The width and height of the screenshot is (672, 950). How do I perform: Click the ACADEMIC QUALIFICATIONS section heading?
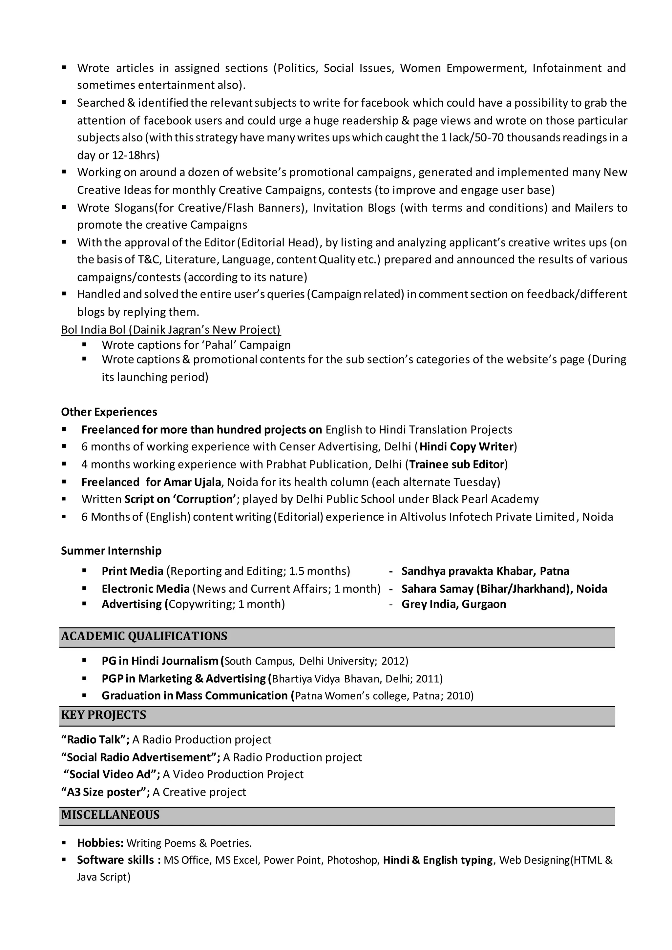(144, 636)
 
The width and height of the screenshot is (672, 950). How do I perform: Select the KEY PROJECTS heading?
(103, 714)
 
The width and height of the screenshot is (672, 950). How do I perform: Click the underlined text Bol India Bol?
(94, 330)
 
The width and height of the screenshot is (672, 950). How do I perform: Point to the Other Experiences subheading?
(109, 412)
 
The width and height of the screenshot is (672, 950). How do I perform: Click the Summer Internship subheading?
(111, 551)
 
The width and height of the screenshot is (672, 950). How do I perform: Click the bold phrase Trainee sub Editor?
(456, 464)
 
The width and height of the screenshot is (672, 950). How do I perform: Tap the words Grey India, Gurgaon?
(453, 604)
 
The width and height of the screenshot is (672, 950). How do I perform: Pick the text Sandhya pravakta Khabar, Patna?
(485, 571)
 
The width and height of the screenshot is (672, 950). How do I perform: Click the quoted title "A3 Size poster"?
(105, 792)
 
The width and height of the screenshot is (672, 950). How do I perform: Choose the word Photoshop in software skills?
(352, 860)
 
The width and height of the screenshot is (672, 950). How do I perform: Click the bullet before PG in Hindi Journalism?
(84, 661)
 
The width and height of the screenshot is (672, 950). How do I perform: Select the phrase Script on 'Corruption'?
(180, 499)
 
